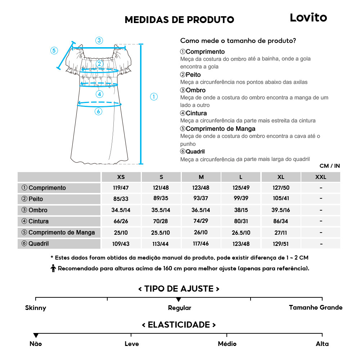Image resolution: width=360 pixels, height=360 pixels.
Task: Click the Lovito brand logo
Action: tap(308, 18)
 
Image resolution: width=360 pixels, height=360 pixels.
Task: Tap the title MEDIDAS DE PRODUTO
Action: tap(179, 19)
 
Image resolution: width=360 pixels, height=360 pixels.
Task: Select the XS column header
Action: tap(121, 177)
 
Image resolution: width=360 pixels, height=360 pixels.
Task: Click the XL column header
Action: tap(281, 177)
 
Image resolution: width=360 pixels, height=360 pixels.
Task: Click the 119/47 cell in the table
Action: tap(121, 188)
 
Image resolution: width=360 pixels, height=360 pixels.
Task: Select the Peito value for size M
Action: tap(201, 199)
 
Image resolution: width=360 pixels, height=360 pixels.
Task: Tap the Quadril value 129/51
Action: tap(281, 244)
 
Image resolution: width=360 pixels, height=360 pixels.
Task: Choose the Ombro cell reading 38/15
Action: tap(241, 210)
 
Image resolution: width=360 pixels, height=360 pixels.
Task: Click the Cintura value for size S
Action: tap(161, 221)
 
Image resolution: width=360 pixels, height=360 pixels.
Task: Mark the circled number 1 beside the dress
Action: tap(154, 96)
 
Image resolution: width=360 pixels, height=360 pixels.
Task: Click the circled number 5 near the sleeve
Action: tap(54, 50)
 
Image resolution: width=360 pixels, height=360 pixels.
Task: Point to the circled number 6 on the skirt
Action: tap(98, 112)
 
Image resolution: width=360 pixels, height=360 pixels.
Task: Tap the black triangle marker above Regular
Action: tap(179, 300)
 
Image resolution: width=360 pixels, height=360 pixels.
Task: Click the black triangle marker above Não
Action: tap(36, 336)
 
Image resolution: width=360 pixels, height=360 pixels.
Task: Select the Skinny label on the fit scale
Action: tap(36, 308)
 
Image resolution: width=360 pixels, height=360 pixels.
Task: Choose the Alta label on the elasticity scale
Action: tap(322, 344)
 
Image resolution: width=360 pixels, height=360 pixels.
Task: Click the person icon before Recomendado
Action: tap(53, 268)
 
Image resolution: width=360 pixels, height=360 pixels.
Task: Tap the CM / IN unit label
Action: tap(329, 166)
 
